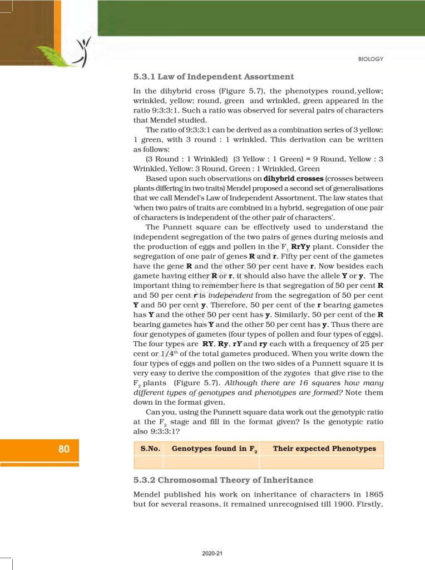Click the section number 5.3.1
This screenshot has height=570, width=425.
tap(146, 76)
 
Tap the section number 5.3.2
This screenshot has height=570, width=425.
tap(146, 480)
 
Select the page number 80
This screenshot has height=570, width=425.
tap(64, 449)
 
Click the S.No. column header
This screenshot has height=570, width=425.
tap(149, 449)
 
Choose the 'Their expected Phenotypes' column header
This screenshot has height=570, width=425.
tap(324, 449)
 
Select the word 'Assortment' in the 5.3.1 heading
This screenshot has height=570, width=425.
tap(266, 76)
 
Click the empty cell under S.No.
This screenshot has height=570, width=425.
tap(149, 462)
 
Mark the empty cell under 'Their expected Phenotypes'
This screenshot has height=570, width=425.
tap(322, 462)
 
